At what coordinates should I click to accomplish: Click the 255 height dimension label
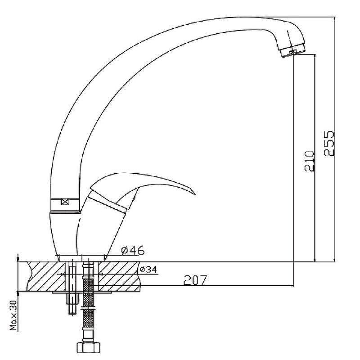[x=329, y=144]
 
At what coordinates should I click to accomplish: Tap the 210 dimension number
[x=309, y=161]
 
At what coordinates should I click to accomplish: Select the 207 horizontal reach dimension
[x=195, y=279]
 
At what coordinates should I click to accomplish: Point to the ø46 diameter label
[x=133, y=250]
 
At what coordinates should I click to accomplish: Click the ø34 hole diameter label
[x=148, y=269]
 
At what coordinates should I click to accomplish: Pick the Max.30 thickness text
[x=13, y=315]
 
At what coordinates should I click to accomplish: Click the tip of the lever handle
[x=195, y=194]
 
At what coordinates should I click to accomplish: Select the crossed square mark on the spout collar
[x=65, y=202]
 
